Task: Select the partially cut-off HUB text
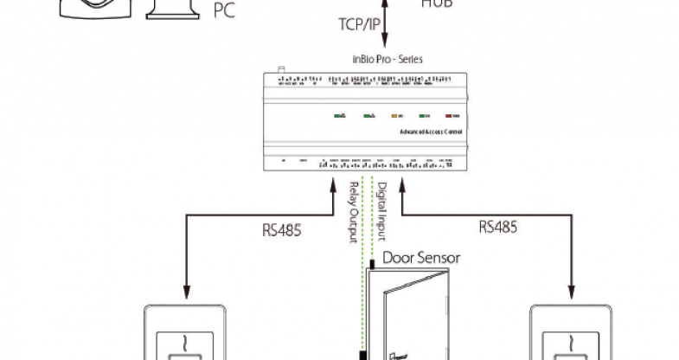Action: (x=437, y=3)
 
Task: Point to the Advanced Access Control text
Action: (x=430, y=132)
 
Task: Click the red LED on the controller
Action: (x=451, y=115)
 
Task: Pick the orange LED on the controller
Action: (x=396, y=115)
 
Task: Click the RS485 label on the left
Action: (x=281, y=230)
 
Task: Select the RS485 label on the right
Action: (x=498, y=227)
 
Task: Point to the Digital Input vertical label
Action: (x=381, y=210)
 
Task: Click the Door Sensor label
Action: (x=421, y=257)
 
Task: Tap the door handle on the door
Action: (x=397, y=354)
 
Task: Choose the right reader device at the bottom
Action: (x=573, y=333)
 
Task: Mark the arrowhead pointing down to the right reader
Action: (x=573, y=292)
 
